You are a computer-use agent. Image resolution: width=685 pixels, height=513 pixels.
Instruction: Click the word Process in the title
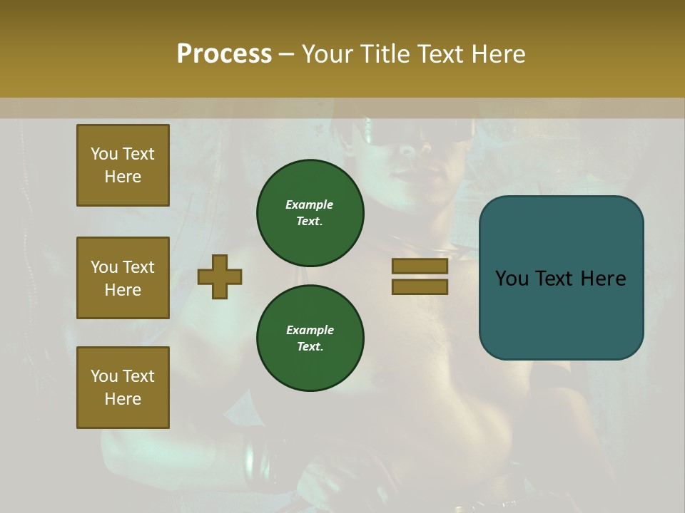click(224, 54)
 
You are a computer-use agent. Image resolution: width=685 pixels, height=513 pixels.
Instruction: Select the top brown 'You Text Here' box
click(123, 165)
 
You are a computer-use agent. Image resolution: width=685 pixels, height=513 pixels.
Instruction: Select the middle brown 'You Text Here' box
click(123, 278)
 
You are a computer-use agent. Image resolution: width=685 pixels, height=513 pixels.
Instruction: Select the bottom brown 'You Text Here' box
click(123, 388)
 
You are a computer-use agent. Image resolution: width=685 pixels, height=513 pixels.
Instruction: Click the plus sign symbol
click(220, 276)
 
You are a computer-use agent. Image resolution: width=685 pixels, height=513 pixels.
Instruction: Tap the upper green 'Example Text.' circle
click(310, 213)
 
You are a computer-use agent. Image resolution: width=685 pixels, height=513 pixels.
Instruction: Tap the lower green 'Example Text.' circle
click(310, 338)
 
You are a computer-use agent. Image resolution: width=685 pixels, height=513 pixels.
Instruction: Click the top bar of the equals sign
click(420, 266)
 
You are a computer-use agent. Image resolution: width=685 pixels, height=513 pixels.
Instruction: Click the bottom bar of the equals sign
click(420, 286)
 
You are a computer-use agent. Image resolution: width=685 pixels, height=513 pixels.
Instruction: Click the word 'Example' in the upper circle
click(310, 205)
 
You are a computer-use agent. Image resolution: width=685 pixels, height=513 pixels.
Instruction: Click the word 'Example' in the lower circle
click(310, 331)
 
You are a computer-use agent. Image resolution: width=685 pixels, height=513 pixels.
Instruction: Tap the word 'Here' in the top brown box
click(123, 177)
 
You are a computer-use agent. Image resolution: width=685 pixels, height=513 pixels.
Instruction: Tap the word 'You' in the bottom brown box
click(104, 376)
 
